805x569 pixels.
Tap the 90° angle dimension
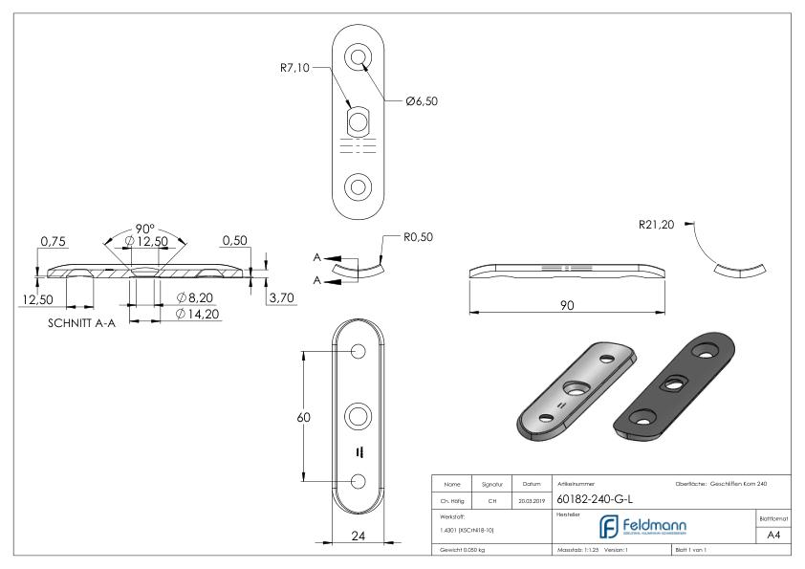[145, 229]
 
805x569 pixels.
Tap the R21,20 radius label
[656, 226]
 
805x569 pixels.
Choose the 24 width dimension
[359, 536]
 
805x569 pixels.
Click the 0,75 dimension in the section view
[51, 242]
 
